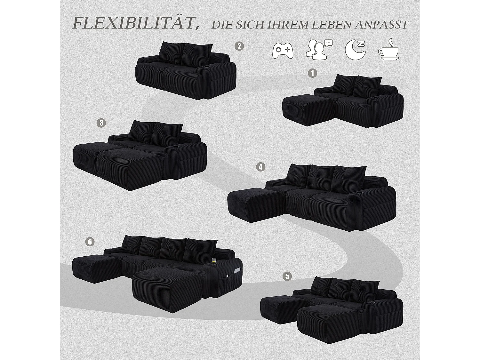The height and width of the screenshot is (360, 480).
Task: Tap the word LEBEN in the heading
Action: click(334, 25)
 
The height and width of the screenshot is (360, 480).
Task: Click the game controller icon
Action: click(283, 51)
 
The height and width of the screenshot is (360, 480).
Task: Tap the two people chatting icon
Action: click(319, 50)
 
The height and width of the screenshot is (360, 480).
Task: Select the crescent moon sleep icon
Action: click(355, 50)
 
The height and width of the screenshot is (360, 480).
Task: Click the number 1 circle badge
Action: click(312, 73)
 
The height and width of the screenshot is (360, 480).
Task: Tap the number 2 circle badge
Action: click(239, 46)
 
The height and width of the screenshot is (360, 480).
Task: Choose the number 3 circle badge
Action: click(101, 123)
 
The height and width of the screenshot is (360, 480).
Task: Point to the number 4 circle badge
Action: click(261, 167)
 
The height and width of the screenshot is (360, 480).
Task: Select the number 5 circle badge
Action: click(287, 276)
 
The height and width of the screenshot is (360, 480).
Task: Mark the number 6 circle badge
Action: click(90, 242)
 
